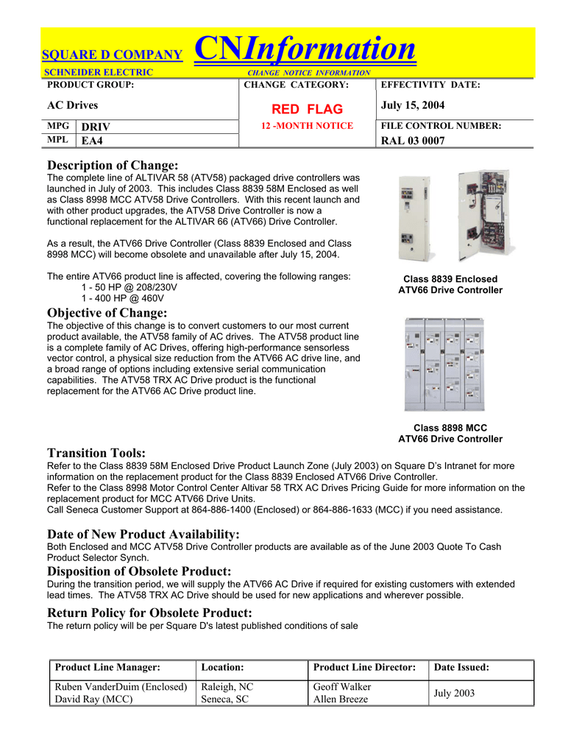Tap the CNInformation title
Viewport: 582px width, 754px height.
tap(304, 49)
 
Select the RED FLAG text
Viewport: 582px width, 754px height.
tap(308, 109)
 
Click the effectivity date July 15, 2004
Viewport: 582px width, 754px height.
tap(413, 106)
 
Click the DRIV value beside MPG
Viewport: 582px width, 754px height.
tap(96, 127)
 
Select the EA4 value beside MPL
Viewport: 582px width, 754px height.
tap(93, 141)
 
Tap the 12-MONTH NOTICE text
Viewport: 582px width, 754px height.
tap(308, 126)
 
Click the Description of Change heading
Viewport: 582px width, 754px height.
tap(113, 166)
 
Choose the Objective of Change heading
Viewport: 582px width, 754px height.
tap(107, 314)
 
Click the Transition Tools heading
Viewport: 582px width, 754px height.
tap(96, 453)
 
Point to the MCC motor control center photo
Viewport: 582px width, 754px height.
tap(444, 363)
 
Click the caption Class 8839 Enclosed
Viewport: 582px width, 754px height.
tap(450, 279)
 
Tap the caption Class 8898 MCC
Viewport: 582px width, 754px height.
tap(450, 428)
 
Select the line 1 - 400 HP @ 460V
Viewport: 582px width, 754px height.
tap(124, 297)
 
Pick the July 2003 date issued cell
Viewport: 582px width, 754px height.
tap(455, 693)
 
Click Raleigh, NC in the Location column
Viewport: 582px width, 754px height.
tap(227, 687)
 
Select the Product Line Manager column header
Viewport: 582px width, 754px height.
tap(108, 667)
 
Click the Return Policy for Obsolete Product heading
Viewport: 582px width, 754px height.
tap(149, 613)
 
